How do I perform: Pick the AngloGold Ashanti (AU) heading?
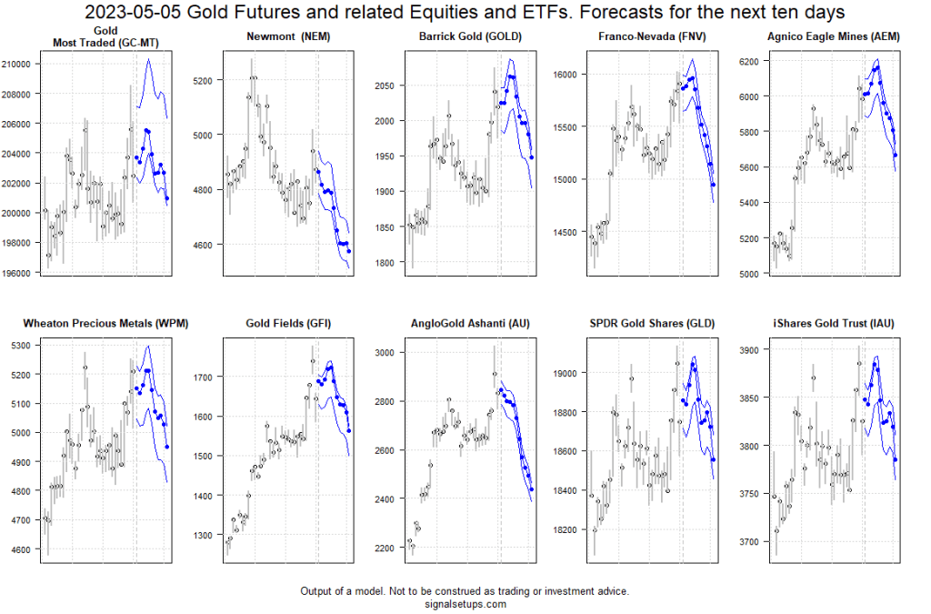point(465,323)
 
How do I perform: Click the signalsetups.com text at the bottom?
point(465,604)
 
